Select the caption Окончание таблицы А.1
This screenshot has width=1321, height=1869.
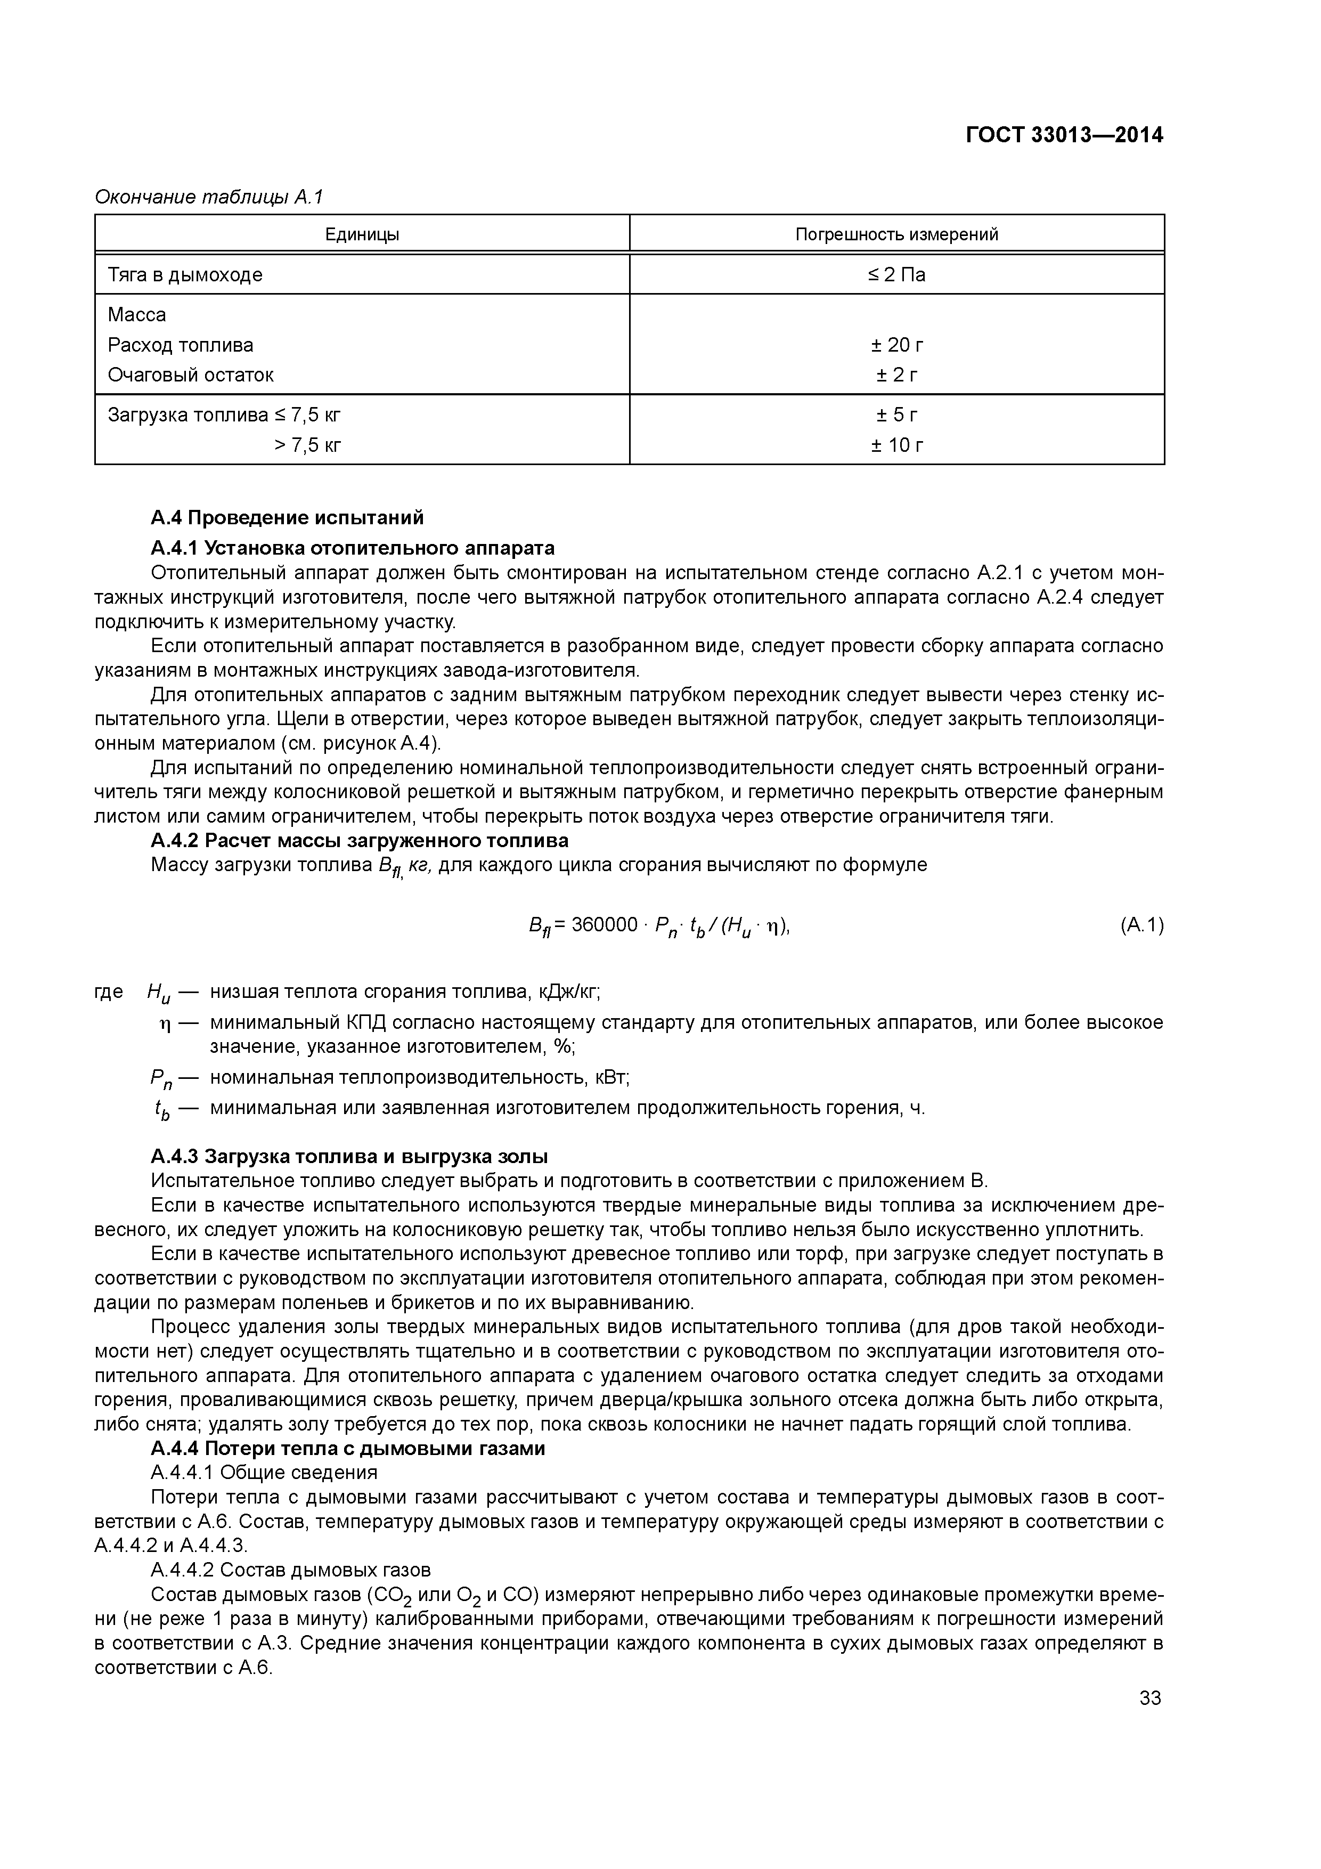(209, 197)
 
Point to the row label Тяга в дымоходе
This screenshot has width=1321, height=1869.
(185, 275)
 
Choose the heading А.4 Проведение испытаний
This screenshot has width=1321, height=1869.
(287, 518)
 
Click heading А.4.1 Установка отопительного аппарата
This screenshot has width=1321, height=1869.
(353, 547)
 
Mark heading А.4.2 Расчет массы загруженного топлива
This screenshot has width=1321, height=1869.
(359, 840)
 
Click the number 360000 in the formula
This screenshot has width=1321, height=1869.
(604, 925)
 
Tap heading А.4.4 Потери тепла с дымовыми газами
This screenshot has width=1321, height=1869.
(347, 1449)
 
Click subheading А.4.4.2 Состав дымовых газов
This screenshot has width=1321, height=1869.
(291, 1570)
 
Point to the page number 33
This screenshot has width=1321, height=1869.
(1150, 1698)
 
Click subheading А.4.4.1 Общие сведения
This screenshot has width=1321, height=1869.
(264, 1473)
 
